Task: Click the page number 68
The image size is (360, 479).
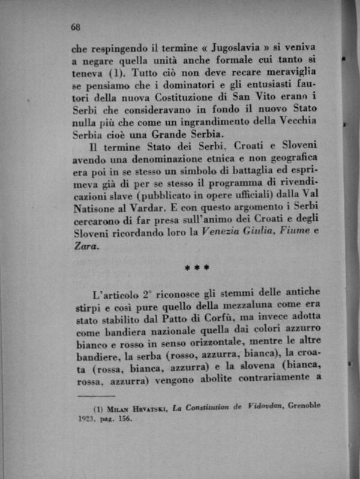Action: [76, 27]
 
